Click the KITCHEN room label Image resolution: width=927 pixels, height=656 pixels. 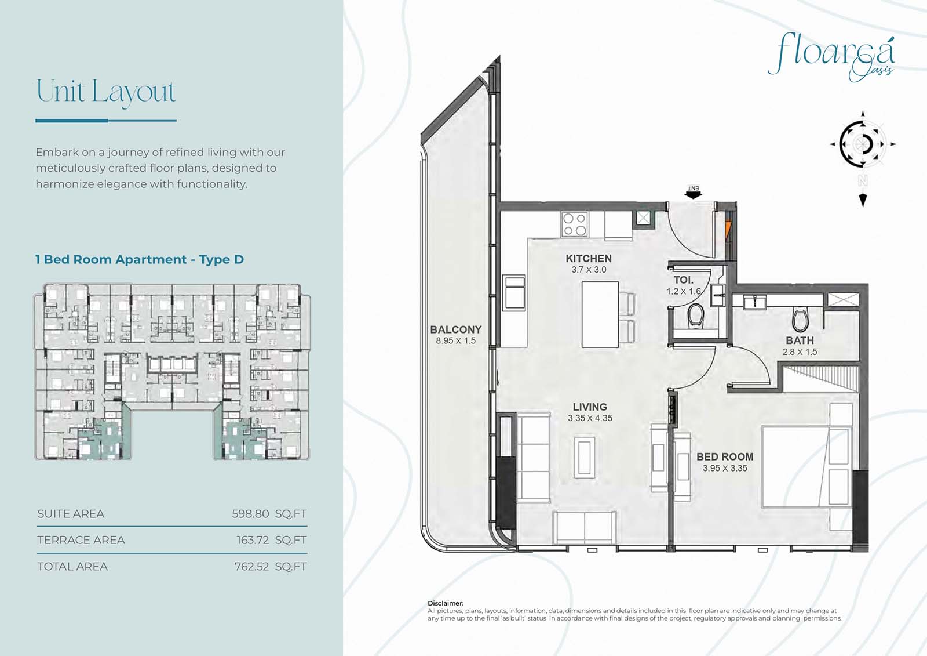pyautogui.click(x=589, y=259)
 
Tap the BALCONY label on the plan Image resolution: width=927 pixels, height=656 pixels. pyautogui.click(x=455, y=329)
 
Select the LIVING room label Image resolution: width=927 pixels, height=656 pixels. pyautogui.click(x=590, y=407)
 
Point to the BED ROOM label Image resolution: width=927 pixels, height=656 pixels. pyautogui.click(x=725, y=456)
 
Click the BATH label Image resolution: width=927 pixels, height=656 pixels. pyautogui.click(x=800, y=340)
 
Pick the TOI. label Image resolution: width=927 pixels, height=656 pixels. pyautogui.click(x=683, y=280)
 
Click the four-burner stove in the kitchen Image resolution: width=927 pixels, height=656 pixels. pyautogui.click(x=575, y=224)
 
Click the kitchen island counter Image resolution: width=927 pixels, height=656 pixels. pyautogui.click(x=600, y=314)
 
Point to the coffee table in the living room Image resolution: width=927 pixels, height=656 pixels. pyautogui.click(x=585, y=458)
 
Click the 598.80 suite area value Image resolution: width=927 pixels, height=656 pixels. pyautogui.click(x=250, y=514)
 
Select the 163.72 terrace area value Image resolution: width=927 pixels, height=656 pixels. pyautogui.click(x=253, y=540)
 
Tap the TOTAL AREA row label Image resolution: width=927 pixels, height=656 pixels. pyautogui.click(x=72, y=567)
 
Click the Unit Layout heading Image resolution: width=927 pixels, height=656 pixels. pyautogui.click(x=107, y=92)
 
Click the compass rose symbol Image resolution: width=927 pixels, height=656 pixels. pyautogui.click(x=863, y=144)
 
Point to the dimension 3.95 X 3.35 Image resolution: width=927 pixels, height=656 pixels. pyautogui.click(x=725, y=468)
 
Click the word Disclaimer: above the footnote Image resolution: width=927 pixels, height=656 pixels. pyautogui.click(x=446, y=603)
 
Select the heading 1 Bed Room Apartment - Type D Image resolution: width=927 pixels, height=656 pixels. pyautogui.click(x=140, y=259)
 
